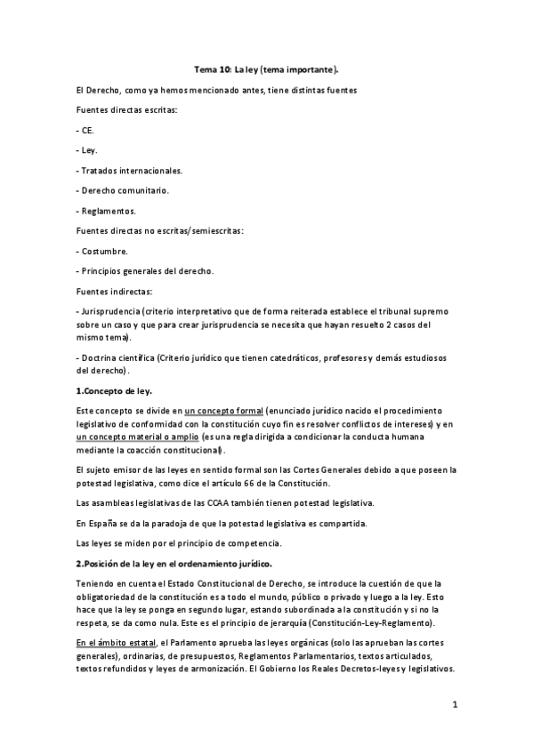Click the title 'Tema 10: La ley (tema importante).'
[x=266, y=68]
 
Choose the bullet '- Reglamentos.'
[x=107, y=211]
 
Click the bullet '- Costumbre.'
[x=102, y=251]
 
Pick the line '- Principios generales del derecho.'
[x=145, y=270]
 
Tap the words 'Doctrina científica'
[x=116, y=358]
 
